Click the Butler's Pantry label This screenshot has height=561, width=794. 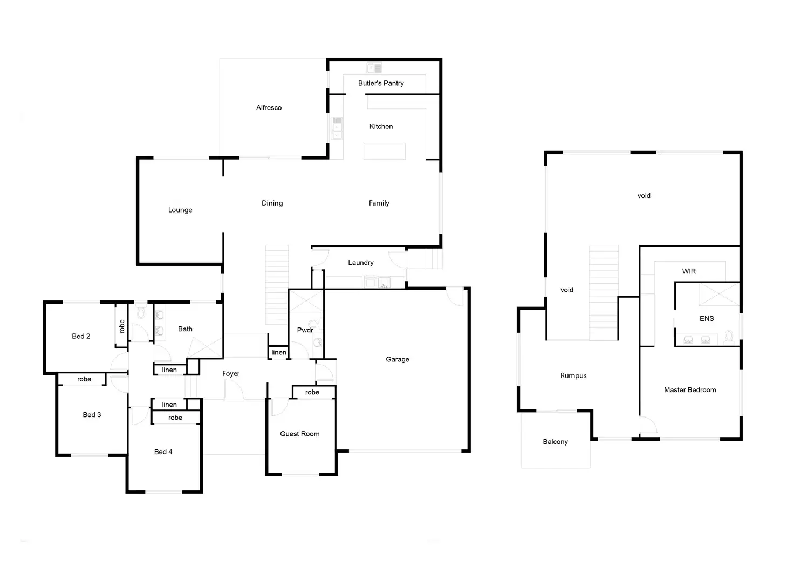tap(381, 83)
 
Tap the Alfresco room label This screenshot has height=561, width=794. tap(269, 108)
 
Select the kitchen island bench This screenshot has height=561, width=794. tap(384, 151)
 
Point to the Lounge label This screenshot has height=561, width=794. tap(180, 210)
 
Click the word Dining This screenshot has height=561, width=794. tap(272, 203)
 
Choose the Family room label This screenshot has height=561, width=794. tap(379, 203)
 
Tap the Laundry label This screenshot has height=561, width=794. tap(360, 263)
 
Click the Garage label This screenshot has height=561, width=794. tap(397, 359)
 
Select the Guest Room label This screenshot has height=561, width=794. tap(299, 434)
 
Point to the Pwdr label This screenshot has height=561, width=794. tap(305, 330)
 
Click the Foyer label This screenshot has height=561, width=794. tap(231, 374)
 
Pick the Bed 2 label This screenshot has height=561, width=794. tap(81, 336)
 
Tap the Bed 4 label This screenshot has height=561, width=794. tap(163, 452)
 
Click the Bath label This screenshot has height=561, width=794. tap(185, 329)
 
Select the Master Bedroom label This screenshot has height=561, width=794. tap(690, 390)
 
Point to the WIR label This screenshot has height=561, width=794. tap(689, 271)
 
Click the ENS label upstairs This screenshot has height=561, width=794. tap(707, 319)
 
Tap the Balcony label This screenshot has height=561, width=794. tap(555, 442)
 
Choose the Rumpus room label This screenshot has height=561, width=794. tap(573, 376)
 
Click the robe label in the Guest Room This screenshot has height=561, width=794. tap(312, 393)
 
